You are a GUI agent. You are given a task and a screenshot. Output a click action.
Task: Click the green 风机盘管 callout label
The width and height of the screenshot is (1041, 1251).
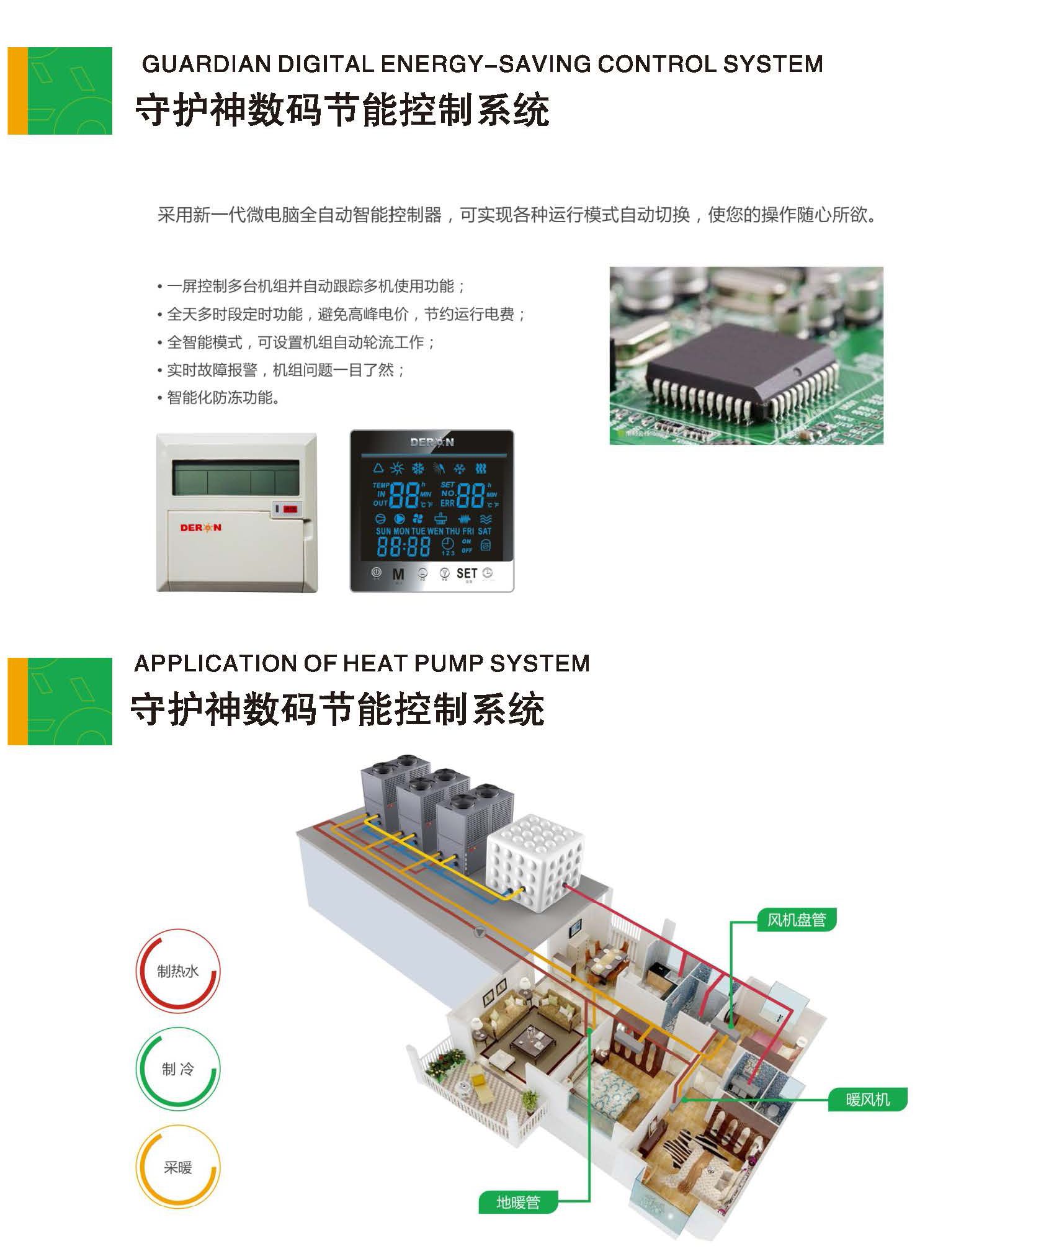click(x=797, y=920)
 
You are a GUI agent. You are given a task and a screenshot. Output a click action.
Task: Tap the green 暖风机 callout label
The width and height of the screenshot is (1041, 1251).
click(x=867, y=1100)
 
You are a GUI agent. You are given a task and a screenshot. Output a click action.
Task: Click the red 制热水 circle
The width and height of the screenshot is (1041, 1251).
click(x=177, y=971)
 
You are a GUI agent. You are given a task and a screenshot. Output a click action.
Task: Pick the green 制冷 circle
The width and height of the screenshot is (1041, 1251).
click(x=177, y=1069)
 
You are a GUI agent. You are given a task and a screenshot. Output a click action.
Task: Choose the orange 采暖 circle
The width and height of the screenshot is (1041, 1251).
click(x=177, y=1167)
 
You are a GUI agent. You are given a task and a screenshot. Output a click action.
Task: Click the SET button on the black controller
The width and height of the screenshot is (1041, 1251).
click(x=467, y=573)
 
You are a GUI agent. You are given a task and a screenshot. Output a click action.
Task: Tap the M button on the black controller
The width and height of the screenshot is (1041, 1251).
click(x=398, y=575)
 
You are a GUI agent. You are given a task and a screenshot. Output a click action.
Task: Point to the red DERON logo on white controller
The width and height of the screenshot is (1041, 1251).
click(x=200, y=527)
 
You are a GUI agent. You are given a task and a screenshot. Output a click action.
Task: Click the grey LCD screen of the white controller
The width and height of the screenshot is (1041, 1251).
click(x=235, y=477)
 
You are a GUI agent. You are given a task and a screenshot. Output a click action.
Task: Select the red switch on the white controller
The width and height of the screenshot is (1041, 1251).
click(x=290, y=509)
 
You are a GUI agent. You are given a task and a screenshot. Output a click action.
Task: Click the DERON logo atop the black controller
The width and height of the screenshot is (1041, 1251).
click(x=432, y=442)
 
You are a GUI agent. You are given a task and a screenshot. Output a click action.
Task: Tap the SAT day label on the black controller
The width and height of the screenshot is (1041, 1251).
click(x=485, y=531)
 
